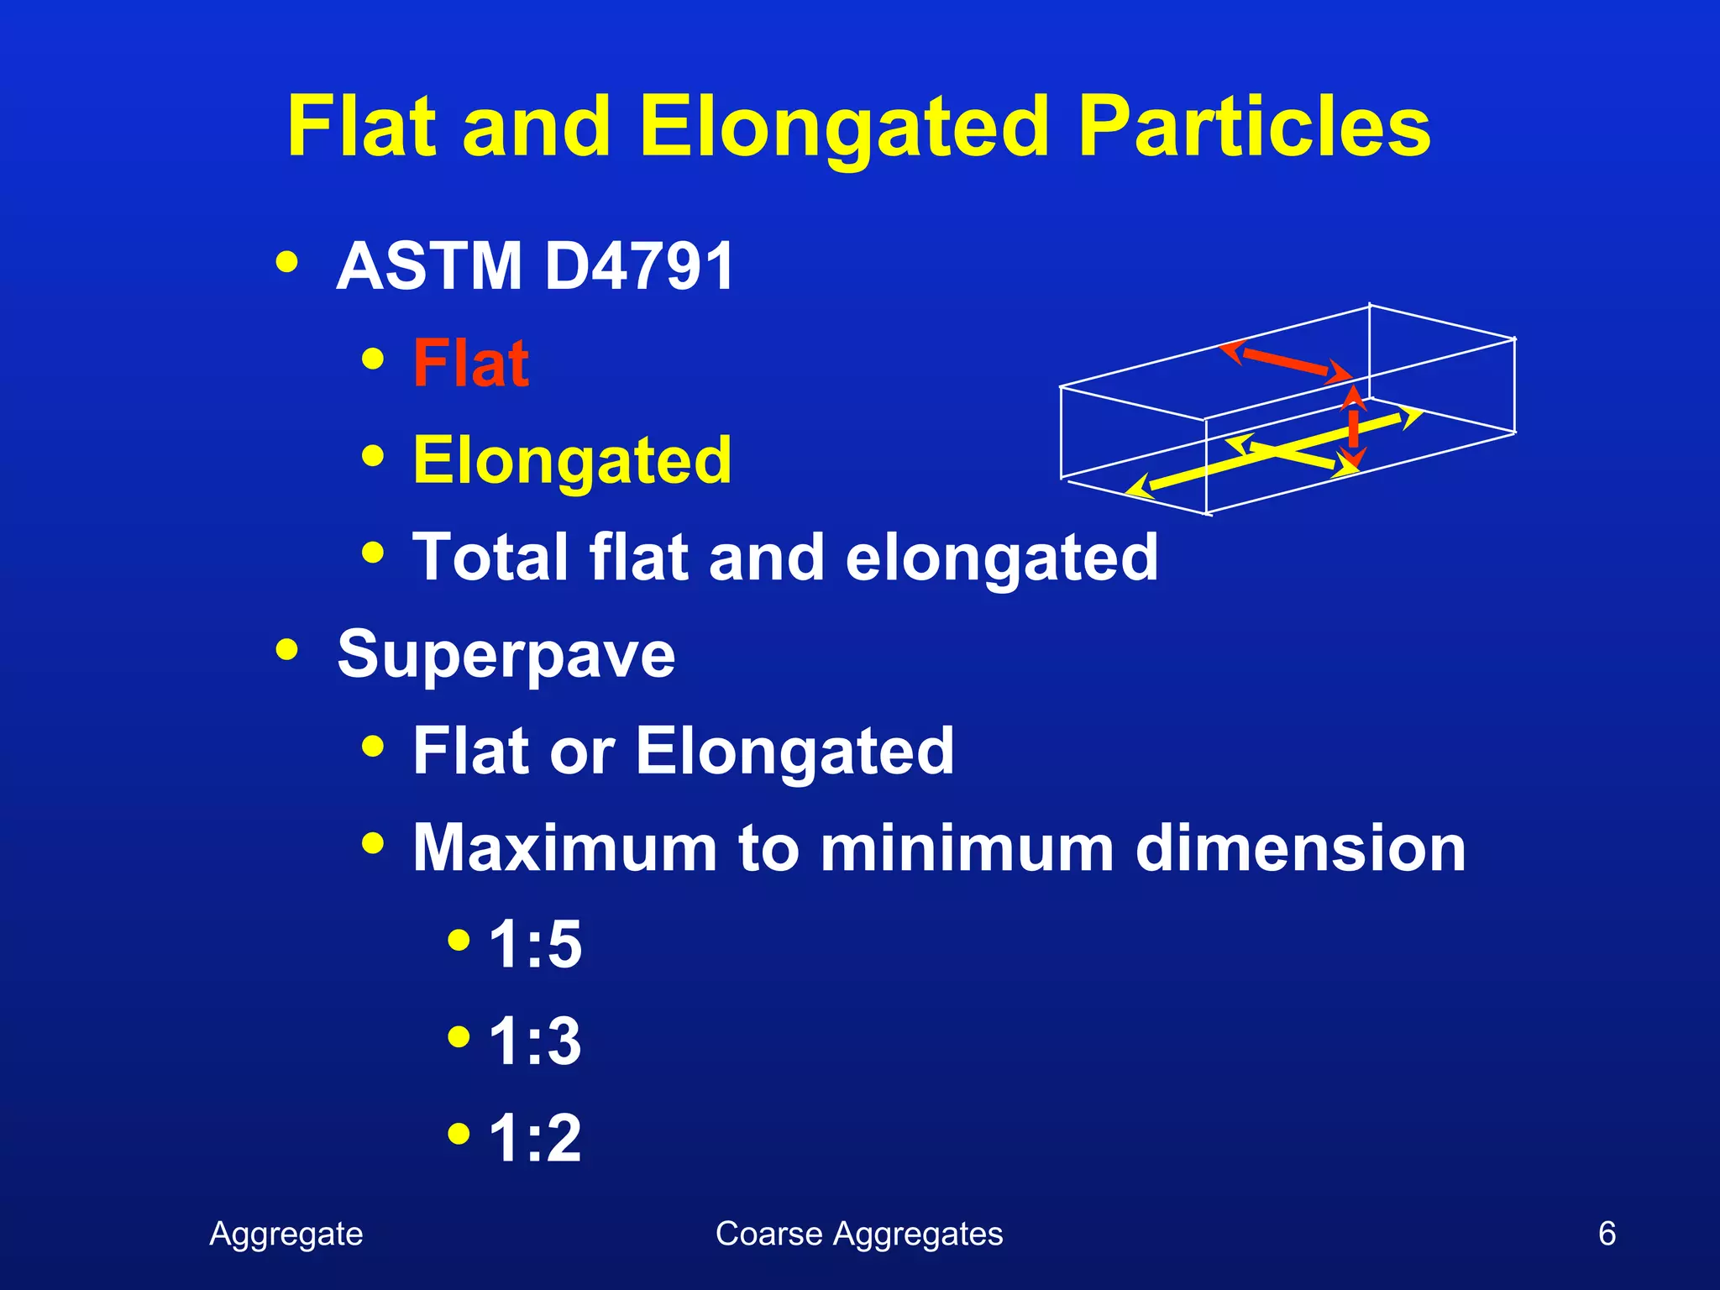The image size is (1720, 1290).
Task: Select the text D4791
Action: click(638, 266)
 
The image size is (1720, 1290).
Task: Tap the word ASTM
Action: click(429, 266)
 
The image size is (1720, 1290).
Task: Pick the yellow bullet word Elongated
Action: click(572, 460)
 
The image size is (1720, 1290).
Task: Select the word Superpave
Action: click(506, 654)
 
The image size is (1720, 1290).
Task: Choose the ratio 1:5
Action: click(535, 945)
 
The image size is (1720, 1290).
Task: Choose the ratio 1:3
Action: click(535, 1041)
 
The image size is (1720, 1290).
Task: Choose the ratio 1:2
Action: click(535, 1139)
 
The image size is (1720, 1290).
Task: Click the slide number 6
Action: click(1606, 1234)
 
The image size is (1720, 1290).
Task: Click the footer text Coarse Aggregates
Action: click(858, 1234)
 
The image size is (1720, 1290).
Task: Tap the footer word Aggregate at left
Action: click(286, 1234)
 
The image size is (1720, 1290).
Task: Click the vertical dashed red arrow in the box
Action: click(1352, 427)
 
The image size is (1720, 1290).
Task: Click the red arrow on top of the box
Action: click(1285, 361)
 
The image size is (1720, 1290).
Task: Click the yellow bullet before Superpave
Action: click(286, 649)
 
